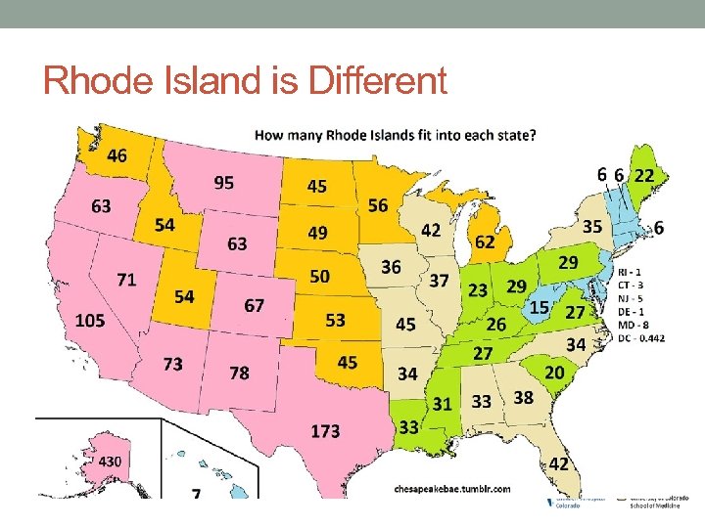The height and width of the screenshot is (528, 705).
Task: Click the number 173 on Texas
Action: click(x=326, y=429)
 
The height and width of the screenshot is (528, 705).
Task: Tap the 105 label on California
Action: click(x=90, y=321)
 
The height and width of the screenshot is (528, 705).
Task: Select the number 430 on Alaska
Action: click(x=109, y=461)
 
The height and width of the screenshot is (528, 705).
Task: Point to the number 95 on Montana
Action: click(x=223, y=182)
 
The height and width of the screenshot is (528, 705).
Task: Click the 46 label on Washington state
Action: click(x=117, y=156)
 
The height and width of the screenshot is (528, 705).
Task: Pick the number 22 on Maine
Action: click(x=644, y=175)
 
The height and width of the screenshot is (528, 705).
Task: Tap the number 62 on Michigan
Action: click(x=484, y=241)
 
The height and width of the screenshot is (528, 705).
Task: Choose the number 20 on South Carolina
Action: click(x=554, y=373)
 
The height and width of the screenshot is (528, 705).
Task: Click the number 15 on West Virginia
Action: click(x=539, y=308)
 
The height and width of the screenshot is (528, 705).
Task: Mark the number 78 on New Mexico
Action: click(x=238, y=373)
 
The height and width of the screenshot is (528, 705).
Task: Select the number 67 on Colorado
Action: click(x=255, y=306)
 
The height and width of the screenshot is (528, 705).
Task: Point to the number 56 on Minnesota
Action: click(x=378, y=204)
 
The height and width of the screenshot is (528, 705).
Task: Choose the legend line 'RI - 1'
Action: click(x=632, y=271)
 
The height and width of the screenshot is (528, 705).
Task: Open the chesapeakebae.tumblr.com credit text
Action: click(x=451, y=487)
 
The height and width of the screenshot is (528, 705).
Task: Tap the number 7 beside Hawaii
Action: click(x=197, y=495)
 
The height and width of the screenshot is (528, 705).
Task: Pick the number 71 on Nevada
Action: click(x=126, y=280)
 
